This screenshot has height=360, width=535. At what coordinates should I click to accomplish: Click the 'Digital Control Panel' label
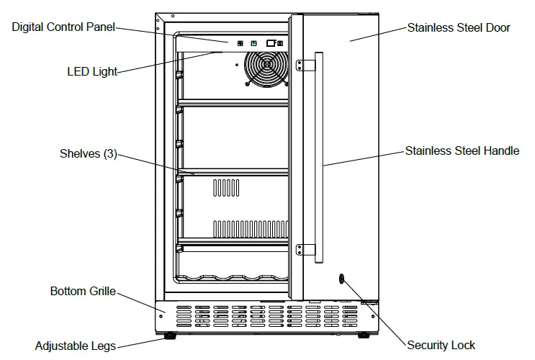(63, 28)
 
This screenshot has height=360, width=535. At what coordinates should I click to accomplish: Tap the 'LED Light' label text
(91, 71)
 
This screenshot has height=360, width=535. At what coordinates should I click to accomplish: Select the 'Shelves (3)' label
(89, 153)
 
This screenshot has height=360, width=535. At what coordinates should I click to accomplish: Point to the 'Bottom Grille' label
(82, 292)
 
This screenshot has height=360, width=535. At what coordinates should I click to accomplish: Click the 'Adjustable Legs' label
(75, 346)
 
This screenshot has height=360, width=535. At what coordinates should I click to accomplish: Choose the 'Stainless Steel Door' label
(459, 28)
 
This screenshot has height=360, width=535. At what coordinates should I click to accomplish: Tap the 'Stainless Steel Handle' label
(462, 151)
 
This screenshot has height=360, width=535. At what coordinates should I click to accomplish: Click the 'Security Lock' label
(441, 346)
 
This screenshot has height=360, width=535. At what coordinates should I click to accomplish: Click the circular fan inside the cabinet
(266, 69)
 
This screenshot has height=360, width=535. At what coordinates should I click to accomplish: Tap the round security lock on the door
(340, 279)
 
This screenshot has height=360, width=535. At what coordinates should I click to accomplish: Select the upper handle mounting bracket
(309, 65)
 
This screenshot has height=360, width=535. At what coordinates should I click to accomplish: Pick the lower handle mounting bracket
(309, 250)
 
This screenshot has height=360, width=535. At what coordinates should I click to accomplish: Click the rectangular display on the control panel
(271, 43)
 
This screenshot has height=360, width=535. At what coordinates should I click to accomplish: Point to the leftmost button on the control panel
(240, 43)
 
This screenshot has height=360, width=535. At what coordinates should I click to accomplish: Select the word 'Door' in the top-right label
(496, 28)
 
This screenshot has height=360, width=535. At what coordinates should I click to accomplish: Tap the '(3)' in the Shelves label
(109, 153)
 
